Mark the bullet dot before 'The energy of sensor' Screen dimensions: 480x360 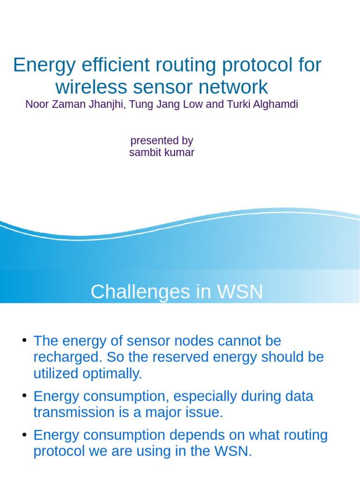click(24, 339)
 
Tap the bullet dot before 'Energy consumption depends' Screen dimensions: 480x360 click(24, 434)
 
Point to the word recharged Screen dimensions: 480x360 click(67, 357)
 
